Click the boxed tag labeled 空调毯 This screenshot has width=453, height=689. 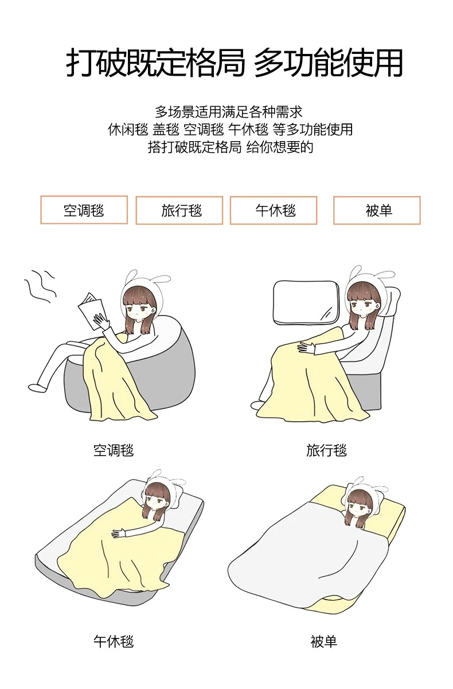click(x=84, y=210)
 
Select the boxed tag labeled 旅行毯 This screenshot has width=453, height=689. click(x=179, y=211)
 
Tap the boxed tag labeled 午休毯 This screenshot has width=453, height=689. click(x=274, y=211)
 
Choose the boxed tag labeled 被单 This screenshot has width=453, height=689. click(x=377, y=211)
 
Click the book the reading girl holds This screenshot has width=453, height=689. click(x=91, y=312)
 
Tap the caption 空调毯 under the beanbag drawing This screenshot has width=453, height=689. click(x=114, y=450)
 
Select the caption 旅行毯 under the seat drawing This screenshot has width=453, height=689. click(x=326, y=450)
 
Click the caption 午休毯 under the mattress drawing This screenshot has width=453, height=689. click(x=114, y=641)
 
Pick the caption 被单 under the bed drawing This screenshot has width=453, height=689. click(x=324, y=641)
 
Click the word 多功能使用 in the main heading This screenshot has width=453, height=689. click(x=328, y=63)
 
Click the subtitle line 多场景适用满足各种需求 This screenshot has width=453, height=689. click(x=228, y=111)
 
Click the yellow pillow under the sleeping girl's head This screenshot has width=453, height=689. click(x=384, y=505)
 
